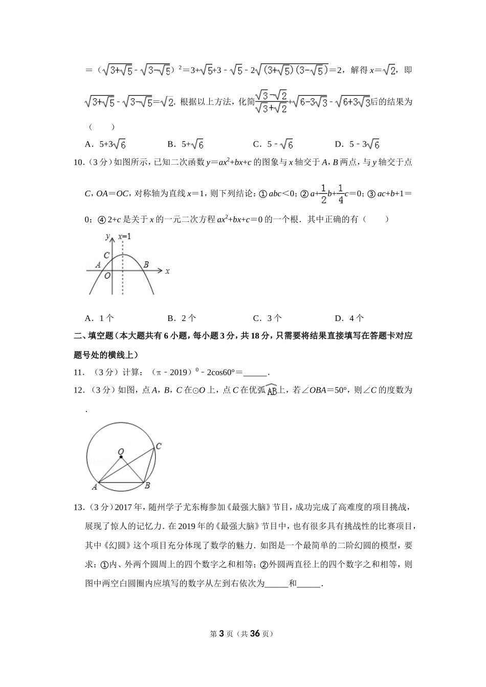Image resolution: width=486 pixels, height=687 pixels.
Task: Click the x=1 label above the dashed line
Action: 124,237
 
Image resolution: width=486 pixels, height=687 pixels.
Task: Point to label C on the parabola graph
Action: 106,255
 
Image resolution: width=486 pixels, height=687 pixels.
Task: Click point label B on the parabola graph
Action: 146,264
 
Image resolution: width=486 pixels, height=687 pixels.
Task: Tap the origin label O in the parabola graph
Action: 107,276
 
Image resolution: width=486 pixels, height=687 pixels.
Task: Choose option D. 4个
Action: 349,318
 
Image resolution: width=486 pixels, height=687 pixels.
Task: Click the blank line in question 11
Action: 256,373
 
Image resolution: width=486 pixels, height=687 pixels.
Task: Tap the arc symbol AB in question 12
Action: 272,390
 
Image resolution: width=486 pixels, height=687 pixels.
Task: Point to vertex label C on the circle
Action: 159,446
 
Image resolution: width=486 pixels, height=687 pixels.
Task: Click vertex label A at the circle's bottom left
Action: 95,487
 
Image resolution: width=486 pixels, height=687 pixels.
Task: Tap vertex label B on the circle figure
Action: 147,485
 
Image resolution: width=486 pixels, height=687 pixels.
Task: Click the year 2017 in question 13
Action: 124,508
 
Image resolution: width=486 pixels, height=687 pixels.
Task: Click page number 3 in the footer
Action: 222,633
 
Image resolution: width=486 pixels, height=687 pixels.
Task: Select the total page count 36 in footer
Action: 256,633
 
